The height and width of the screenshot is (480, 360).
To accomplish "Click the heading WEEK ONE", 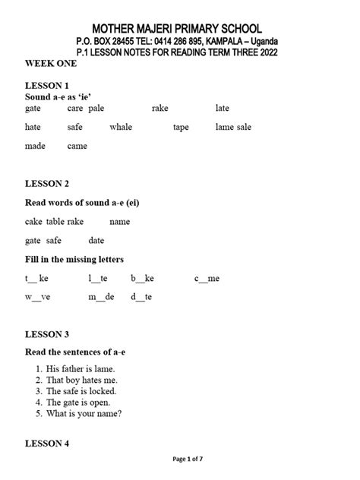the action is (50, 65).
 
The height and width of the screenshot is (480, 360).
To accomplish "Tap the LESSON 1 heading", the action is (47, 86).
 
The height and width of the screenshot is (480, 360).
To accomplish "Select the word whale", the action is (121, 128).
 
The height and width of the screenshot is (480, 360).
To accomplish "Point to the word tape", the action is (181, 128).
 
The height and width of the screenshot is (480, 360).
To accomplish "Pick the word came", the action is (77, 146).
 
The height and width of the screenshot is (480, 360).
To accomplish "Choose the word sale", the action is (243, 128).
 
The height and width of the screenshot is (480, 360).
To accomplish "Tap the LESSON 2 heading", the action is (47, 184).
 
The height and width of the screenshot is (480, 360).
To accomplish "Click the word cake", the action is (33, 222).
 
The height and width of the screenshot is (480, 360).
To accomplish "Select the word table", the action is (55, 222).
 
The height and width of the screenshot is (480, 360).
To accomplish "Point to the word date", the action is (96, 241).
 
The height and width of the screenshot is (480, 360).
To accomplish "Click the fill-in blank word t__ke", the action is (36, 279).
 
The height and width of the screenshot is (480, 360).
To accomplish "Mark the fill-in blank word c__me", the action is (207, 279).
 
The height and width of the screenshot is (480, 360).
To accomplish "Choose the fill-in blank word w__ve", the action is (37, 297).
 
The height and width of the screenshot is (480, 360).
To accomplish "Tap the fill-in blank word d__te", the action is (141, 297).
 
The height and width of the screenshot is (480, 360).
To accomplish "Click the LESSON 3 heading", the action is (47, 334).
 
